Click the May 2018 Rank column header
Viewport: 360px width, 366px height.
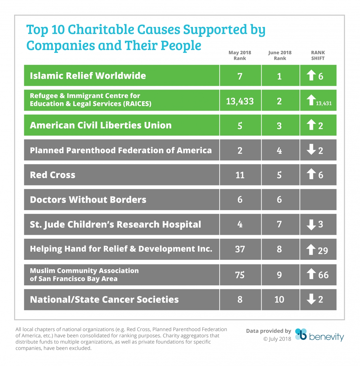click(240, 55)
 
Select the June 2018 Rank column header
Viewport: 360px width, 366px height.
click(280, 55)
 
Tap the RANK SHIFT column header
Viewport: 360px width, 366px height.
click(318, 55)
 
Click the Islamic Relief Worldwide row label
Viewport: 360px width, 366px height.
click(88, 76)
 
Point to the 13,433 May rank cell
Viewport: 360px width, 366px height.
click(240, 101)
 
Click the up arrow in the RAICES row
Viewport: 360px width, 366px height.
click(311, 100)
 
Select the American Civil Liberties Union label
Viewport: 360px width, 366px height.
click(101, 125)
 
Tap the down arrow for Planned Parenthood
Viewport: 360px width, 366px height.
click(311, 150)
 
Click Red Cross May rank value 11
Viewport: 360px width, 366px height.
click(240, 175)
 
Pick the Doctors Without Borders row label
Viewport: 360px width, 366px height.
click(88, 200)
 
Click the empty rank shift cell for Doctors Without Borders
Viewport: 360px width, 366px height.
click(318, 200)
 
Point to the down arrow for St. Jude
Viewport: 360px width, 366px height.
click(311, 224)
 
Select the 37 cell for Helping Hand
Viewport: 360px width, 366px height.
click(240, 249)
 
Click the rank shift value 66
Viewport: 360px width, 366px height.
click(323, 275)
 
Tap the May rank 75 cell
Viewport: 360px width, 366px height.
click(240, 275)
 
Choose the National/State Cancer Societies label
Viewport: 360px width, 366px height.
click(104, 300)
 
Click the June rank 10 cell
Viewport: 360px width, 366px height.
click(279, 299)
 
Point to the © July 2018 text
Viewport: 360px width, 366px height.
click(277, 339)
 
